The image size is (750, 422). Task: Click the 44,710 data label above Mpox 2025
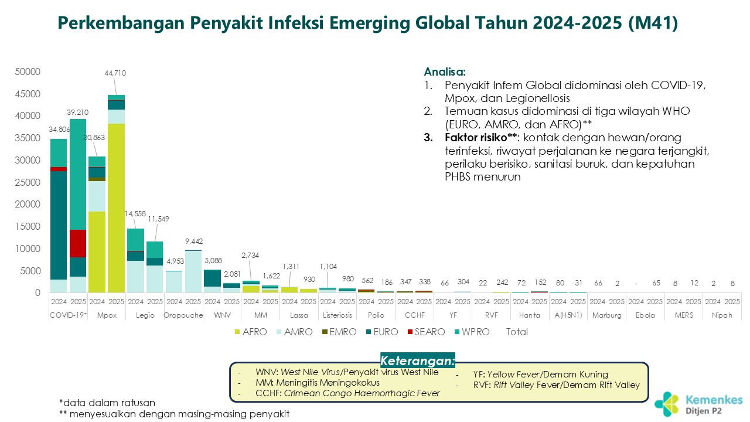(x=115, y=73)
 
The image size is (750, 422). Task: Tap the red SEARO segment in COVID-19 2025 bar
(x=78, y=243)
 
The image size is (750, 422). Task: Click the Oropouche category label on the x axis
(x=183, y=315)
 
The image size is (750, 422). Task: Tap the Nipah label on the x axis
(x=722, y=315)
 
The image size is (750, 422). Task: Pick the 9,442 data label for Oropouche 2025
(x=194, y=241)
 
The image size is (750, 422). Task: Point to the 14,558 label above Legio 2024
(x=135, y=215)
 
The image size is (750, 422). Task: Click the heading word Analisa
(x=445, y=73)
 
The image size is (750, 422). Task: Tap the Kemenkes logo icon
(x=667, y=403)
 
